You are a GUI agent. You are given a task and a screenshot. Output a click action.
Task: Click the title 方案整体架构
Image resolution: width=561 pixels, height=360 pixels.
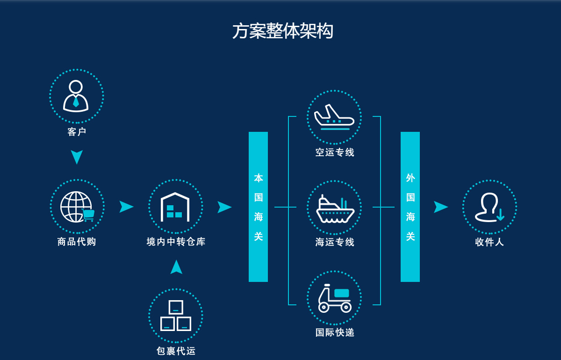click(282, 31)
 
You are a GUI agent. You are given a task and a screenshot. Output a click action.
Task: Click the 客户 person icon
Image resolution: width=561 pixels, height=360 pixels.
click(76, 96)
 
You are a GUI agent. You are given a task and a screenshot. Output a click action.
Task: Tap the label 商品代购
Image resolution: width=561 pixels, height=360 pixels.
click(77, 242)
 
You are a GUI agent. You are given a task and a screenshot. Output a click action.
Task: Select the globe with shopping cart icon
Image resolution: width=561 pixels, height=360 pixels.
click(77, 207)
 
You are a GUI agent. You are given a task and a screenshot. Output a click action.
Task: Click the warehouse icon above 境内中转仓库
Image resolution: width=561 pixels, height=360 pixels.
click(175, 207)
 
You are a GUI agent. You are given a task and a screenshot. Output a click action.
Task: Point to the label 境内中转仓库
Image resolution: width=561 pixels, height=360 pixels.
click(176, 242)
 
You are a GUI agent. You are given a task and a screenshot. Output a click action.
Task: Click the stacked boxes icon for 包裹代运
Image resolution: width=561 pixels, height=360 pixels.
click(175, 316)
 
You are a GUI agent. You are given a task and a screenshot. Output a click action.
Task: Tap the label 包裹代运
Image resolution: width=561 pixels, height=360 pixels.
click(176, 351)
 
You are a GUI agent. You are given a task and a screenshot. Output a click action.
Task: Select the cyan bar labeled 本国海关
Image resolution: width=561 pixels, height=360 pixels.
click(258, 207)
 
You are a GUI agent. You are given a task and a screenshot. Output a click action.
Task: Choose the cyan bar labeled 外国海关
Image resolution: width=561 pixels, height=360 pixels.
click(410, 207)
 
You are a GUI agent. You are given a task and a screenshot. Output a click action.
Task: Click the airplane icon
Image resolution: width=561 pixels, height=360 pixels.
click(334, 117)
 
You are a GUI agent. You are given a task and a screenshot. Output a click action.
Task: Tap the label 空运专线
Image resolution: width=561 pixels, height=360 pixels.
click(335, 152)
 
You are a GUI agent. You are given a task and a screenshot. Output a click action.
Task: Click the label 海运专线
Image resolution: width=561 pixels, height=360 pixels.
click(335, 242)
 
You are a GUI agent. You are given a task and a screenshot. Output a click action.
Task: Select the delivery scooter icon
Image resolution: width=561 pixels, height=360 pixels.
click(334, 298)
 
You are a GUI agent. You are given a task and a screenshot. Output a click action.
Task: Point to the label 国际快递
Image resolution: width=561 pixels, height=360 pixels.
click(335, 332)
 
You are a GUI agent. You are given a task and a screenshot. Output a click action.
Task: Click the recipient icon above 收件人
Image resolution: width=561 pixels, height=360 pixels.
click(489, 207)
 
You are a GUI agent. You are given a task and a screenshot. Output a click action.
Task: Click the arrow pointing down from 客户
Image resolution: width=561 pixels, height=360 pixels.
click(77, 157)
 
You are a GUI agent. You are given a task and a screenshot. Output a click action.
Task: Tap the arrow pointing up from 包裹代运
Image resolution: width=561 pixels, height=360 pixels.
click(176, 267)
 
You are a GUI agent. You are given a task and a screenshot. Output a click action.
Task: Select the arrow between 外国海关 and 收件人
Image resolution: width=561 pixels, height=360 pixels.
click(440, 207)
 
